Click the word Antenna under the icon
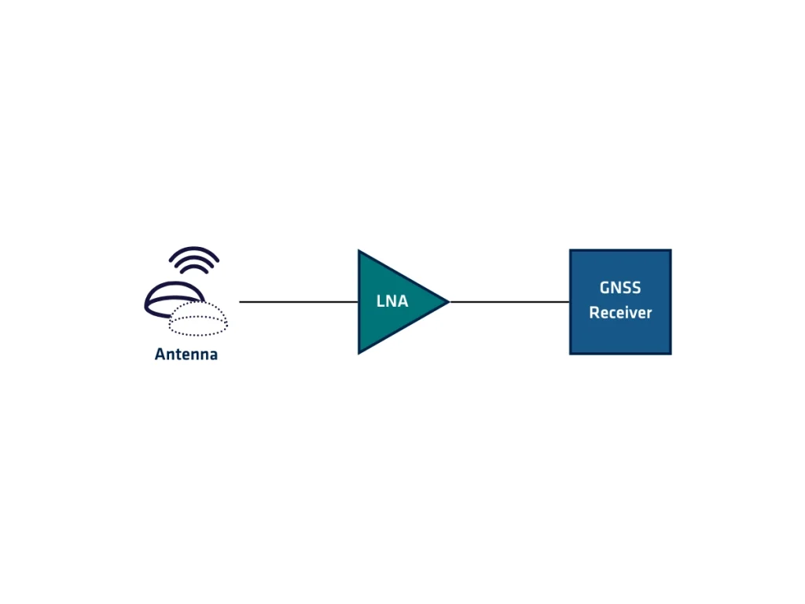pyautogui.click(x=186, y=355)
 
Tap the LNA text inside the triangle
pyautogui.click(x=392, y=301)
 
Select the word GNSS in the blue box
pyautogui.click(x=620, y=288)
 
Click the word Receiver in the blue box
pyautogui.click(x=620, y=313)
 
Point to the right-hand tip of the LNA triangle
pyautogui.click(x=447, y=301)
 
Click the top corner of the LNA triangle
pyautogui.click(x=360, y=252)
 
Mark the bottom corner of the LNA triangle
pyautogui.click(x=360, y=352)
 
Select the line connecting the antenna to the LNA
pyautogui.click(x=299, y=301)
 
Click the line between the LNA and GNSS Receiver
pyautogui.click(x=509, y=301)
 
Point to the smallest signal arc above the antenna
pyautogui.click(x=194, y=267)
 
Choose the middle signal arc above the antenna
pyautogui.click(x=194, y=259)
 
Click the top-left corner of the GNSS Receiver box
pyautogui.click(x=572, y=252)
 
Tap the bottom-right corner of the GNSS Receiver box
pyautogui.click(x=670, y=352)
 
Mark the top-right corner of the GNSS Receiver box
pyautogui.click(x=670, y=252)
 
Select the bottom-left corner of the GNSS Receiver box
pyautogui.click(x=572, y=352)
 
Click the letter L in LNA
pyautogui.click(x=380, y=301)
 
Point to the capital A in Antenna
pyautogui.click(x=160, y=355)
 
